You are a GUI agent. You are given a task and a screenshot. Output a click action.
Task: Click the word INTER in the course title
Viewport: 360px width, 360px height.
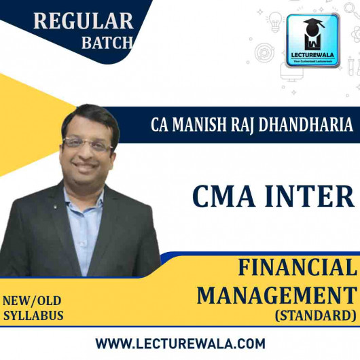[313, 196]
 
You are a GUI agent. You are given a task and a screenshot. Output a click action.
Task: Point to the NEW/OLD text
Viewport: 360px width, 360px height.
[35, 302]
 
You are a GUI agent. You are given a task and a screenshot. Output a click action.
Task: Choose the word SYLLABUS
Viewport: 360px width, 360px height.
[33, 316]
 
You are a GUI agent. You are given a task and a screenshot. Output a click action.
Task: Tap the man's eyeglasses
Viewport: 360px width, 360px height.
[97, 144]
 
